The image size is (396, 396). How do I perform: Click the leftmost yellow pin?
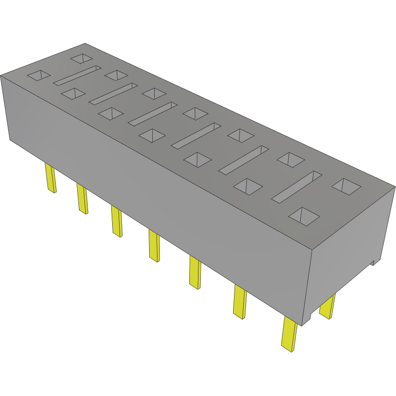[x=50, y=178]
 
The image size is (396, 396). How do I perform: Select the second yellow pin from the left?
[x=82, y=198]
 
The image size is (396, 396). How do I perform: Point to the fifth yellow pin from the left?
[x=195, y=272]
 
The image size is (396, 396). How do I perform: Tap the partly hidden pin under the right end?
[x=327, y=306]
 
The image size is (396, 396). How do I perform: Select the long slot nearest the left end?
[x=77, y=75]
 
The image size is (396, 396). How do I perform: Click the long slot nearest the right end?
[x=297, y=186]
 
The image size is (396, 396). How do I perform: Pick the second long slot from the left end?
[x=113, y=93]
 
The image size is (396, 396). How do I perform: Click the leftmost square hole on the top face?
[x=38, y=75]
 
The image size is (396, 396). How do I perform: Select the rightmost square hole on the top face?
[x=347, y=186]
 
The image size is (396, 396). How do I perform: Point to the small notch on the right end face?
[x=373, y=262]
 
